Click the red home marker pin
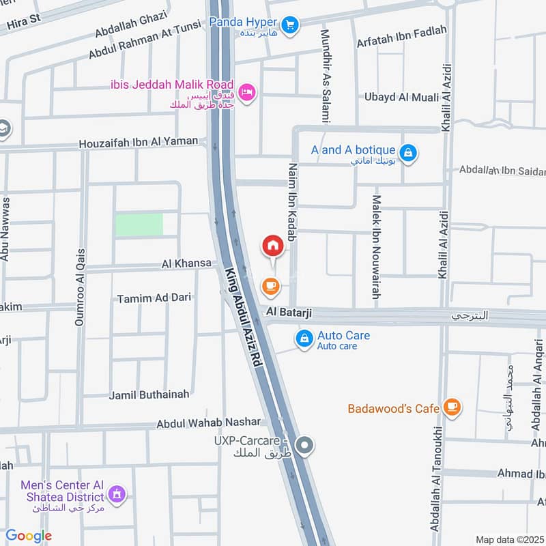(x=272, y=246)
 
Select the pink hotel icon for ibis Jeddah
(x=248, y=90)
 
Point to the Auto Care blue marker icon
(x=302, y=338)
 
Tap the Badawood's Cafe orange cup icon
(x=450, y=407)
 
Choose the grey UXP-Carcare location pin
(x=306, y=446)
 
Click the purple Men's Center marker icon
(x=117, y=493)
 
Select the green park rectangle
(x=139, y=225)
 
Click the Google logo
(x=29, y=536)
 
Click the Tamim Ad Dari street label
(x=154, y=298)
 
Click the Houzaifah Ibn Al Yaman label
(x=138, y=143)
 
